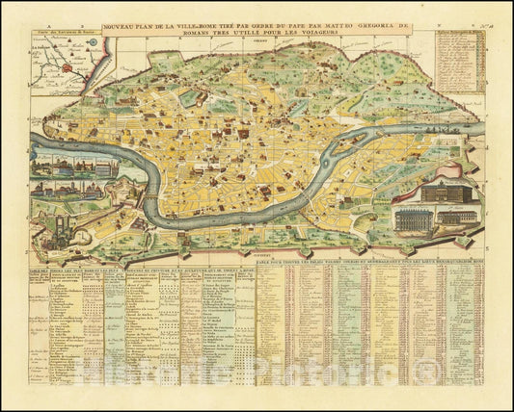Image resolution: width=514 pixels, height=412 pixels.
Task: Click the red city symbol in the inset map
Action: pos(65,67)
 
